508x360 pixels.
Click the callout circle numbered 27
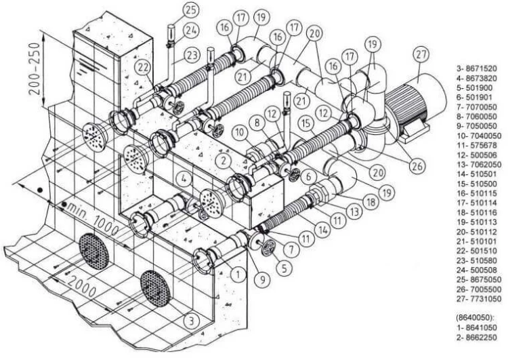[x=421, y=54]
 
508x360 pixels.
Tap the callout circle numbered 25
[x=191, y=9]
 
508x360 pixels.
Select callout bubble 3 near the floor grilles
[x=192, y=321]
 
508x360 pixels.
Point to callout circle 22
[x=143, y=68]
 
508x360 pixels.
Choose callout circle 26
[x=417, y=165]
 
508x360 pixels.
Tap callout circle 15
[x=306, y=123]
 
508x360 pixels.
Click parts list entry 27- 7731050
[x=478, y=299]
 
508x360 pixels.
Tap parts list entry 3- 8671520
[x=476, y=68]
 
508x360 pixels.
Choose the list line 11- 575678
[x=477, y=145]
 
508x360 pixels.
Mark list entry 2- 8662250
[x=476, y=338]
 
